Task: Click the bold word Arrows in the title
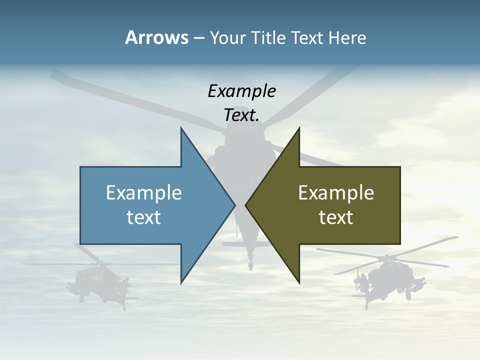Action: click(156, 37)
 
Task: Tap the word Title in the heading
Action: click(267, 38)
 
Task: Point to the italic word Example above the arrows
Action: click(241, 91)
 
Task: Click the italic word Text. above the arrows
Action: click(241, 115)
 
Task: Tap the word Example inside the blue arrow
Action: click(144, 192)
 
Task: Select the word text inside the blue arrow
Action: click(144, 217)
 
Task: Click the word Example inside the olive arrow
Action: click(336, 192)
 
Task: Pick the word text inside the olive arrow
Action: click(336, 217)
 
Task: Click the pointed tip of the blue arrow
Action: click(234, 205)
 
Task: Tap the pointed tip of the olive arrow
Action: click(246, 205)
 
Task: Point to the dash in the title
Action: click(198, 38)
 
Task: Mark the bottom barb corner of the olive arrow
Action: click(299, 282)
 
